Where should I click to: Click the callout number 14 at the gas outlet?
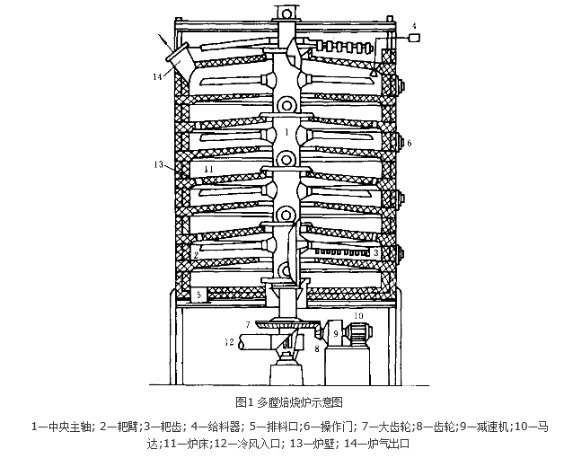pyautogui.click(x=157, y=77)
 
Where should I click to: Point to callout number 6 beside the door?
pyautogui.click(x=409, y=143)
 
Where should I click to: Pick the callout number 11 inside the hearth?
pyautogui.click(x=207, y=168)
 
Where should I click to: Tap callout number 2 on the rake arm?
pyautogui.click(x=195, y=255)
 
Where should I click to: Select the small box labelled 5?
pyautogui.click(x=198, y=295)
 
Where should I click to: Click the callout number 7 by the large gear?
pyautogui.click(x=248, y=321)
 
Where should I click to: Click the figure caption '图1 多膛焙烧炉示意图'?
pyautogui.click(x=281, y=401)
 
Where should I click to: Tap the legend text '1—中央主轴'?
pyautogui.click(x=60, y=424)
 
